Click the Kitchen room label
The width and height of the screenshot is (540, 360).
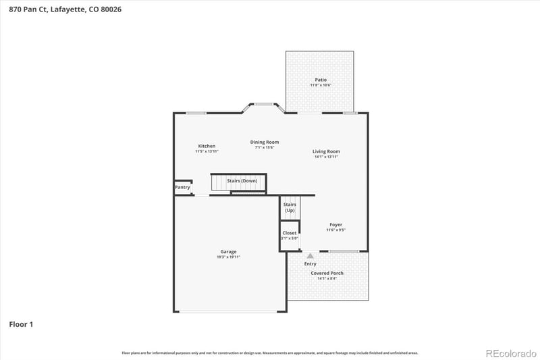point(207,146)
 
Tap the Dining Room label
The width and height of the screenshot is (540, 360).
point(265,142)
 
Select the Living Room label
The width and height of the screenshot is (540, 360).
point(326,151)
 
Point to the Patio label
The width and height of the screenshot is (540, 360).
point(321,80)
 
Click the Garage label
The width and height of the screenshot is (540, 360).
point(228,252)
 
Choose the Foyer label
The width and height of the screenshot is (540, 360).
point(335,224)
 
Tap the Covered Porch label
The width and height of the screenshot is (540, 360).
point(327,273)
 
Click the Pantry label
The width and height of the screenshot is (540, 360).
point(182,187)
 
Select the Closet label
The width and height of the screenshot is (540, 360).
point(290,233)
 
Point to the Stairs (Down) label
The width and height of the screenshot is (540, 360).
point(242,181)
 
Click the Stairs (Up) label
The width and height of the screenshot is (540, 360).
point(290,207)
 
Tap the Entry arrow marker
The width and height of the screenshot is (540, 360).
point(310,256)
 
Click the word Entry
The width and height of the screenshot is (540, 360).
point(310,263)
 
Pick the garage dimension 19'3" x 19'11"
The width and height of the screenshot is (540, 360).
point(228,257)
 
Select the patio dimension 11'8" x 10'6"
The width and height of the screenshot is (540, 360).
point(321,85)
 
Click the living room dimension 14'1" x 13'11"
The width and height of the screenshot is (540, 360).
point(326,157)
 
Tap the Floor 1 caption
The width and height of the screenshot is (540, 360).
point(21,324)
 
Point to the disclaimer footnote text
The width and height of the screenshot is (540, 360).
point(270,353)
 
